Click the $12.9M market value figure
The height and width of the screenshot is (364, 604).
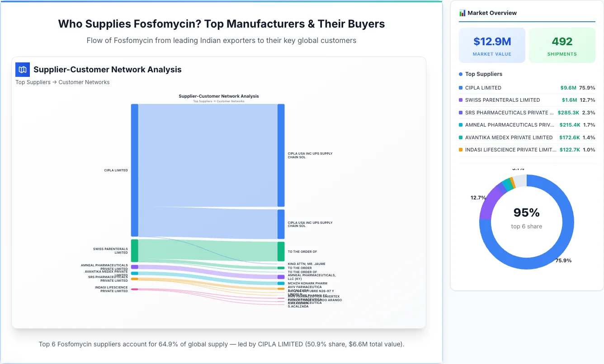pyautogui.click(x=492, y=42)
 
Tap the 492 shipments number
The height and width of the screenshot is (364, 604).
pyautogui.click(x=562, y=42)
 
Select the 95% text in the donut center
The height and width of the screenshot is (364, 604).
pyautogui.click(x=526, y=213)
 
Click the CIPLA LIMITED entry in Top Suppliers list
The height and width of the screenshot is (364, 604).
pyautogui.click(x=483, y=88)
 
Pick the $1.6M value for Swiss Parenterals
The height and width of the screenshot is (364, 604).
pyautogui.click(x=569, y=100)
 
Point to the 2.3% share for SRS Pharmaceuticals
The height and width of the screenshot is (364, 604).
pyautogui.click(x=589, y=113)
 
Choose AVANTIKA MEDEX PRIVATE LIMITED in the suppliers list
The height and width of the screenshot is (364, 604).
pyautogui.click(x=509, y=137)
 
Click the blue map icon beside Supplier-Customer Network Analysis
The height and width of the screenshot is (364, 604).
pyautogui.click(x=23, y=70)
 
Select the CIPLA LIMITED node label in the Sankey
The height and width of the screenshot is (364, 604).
pyautogui.click(x=116, y=170)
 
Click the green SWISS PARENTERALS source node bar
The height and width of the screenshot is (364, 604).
pyautogui.click(x=135, y=251)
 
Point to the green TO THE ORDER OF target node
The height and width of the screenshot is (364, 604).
pyautogui.click(x=281, y=251)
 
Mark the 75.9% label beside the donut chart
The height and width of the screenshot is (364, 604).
pyautogui.click(x=563, y=260)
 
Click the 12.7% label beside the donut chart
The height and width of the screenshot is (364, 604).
pyautogui.click(x=478, y=198)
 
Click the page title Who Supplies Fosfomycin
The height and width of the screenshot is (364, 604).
pyautogui.click(x=222, y=24)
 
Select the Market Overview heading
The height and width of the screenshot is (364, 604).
pyautogui.click(x=492, y=13)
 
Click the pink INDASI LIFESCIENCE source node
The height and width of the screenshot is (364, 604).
pyautogui.click(x=135, y=289)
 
